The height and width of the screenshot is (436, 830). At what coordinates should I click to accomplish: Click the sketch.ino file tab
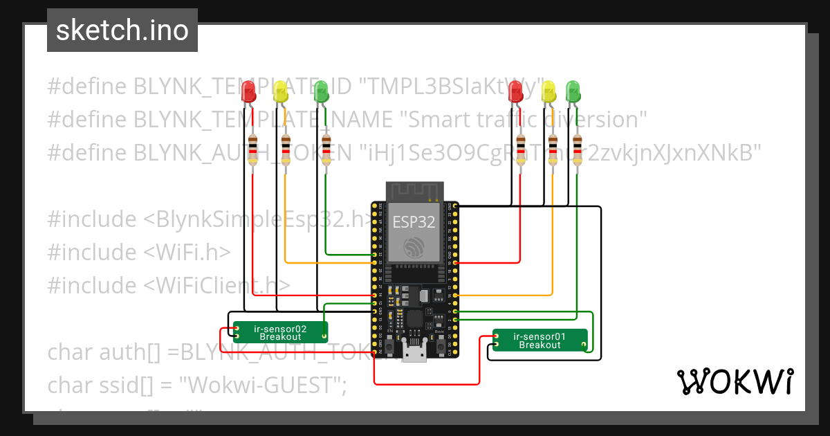pos(122,30)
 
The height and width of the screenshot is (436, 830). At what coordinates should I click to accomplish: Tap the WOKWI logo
pos(735,381)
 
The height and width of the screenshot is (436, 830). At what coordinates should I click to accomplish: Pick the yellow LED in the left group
pos(280,91)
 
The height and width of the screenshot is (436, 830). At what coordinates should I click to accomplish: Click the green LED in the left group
pos(321,91)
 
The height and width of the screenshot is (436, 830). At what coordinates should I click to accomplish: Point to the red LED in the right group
pos(515,91)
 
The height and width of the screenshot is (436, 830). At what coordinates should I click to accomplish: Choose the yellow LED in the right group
pos(548,91)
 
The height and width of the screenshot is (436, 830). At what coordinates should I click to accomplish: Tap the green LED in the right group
pos(573,91)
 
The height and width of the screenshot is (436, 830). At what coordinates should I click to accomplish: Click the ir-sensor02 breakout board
pos(279,332)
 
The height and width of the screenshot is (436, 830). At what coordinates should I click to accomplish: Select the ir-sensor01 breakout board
pos(539,340)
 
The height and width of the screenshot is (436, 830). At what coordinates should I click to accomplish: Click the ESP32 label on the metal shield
pos(414,221)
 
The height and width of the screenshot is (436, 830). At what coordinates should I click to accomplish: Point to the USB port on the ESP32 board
pos(415,354)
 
